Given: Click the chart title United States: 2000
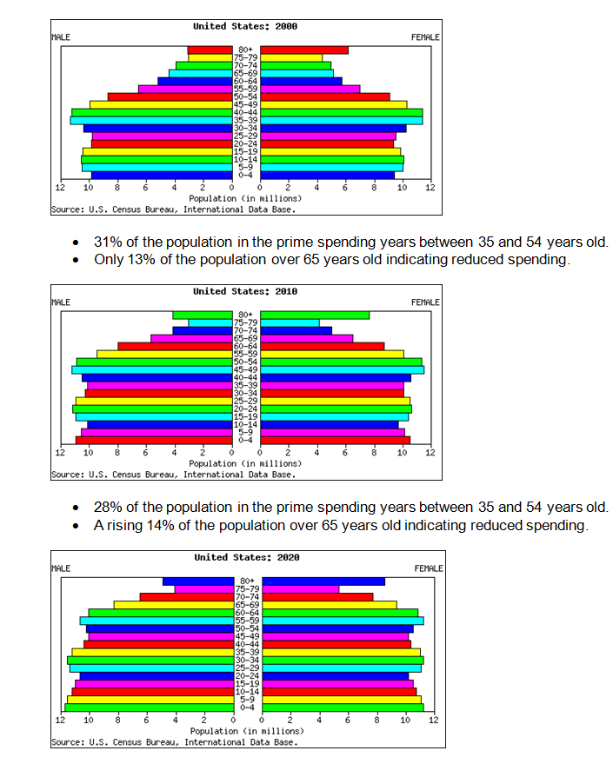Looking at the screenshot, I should coord(245,26).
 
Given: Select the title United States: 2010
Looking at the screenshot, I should coord(245,291).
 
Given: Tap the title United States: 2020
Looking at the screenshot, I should coord(247,557).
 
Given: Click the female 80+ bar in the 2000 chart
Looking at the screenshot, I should coord(304,50).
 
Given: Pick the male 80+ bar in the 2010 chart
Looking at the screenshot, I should coord(203,315).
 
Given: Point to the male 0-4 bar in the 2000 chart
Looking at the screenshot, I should coord(161,176).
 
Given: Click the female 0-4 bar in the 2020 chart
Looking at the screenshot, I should coord(343,708).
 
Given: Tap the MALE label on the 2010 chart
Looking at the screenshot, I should coord(61,302).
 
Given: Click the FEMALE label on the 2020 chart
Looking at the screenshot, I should coord(429,568).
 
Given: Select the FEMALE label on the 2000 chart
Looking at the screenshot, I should coord(425,37).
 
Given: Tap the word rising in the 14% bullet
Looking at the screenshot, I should coord(123,525).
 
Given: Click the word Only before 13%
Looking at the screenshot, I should coord(108,260).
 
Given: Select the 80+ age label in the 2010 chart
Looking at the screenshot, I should coord(246,315).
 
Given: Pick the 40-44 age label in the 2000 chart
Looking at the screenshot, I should coord(246,113).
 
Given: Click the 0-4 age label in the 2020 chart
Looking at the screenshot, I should coord(248,708).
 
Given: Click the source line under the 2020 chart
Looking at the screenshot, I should coord(174,742).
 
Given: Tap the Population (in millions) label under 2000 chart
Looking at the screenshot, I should coord(245,198).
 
